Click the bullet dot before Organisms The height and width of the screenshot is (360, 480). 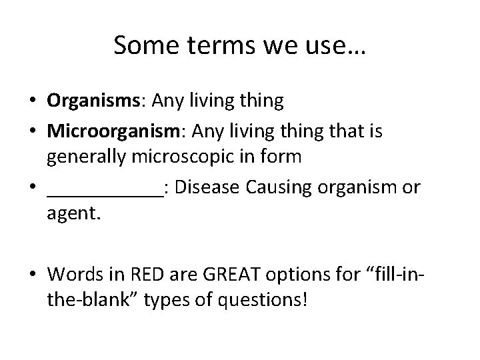coord(32,102)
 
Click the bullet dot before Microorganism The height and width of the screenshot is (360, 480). coord(32,132)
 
